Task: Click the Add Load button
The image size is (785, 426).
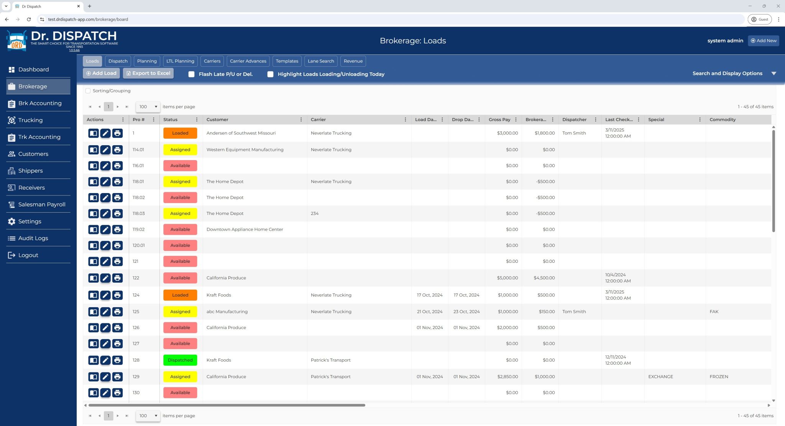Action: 101,73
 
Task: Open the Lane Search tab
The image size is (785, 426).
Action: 320,61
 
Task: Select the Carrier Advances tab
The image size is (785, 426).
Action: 248,61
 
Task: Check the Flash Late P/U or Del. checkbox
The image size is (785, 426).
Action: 192,74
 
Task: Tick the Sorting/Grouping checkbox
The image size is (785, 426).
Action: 88,91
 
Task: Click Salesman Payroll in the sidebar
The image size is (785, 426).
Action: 41,205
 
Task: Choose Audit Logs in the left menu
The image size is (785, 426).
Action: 33,238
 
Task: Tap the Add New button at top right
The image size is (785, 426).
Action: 763,41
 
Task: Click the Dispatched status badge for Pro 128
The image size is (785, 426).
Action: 180,360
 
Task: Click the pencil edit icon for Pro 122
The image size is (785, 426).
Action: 105,278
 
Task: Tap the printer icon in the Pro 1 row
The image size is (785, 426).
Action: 117,133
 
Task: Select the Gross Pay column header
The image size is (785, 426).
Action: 499,120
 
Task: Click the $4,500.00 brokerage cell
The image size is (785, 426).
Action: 544,278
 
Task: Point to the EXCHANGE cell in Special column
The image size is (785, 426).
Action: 660,377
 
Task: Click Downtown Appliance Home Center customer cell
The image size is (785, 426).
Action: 245,229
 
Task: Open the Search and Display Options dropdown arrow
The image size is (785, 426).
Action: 774,74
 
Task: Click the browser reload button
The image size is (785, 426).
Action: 29,19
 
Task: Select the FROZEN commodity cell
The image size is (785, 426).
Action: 719,377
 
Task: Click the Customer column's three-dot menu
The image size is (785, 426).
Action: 301,120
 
